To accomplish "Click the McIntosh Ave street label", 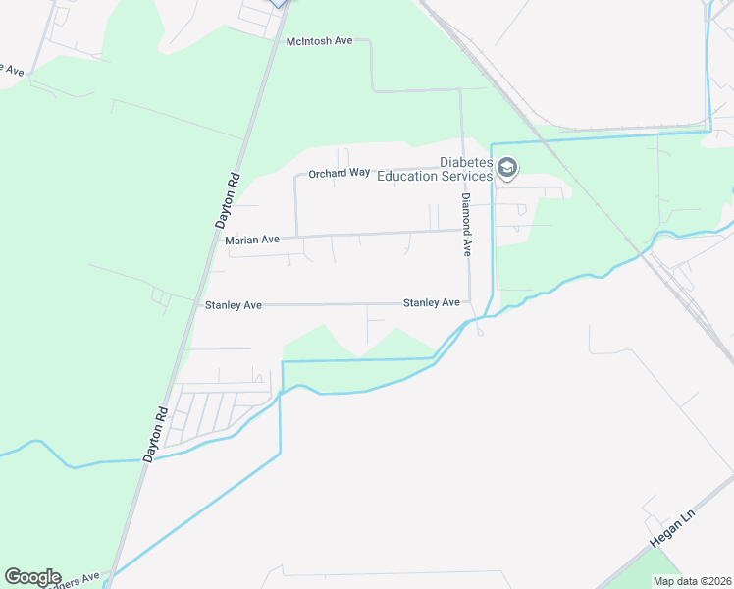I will click(319, 41).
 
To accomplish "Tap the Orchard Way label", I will click(339, 173).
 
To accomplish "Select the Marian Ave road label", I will click(252, 240).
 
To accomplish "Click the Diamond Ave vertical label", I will click(467, 224).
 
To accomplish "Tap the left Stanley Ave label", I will click(233, 305).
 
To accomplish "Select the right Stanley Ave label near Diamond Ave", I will click(431, 303).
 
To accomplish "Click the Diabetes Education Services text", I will click(465, 169).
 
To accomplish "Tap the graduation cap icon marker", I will click(507, 169).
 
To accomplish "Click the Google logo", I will click(32, 577).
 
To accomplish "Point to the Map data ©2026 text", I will click(692, 581).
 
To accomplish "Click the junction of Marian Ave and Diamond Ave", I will click(464, 232).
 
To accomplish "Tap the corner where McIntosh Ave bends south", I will click(371, 41).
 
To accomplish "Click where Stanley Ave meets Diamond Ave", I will click(469, 302).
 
